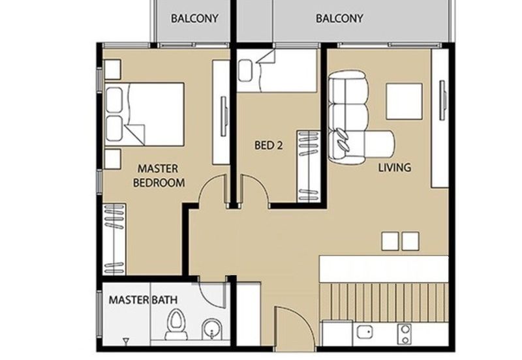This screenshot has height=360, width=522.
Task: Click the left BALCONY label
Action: pos(194,19)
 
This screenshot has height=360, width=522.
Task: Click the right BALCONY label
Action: pos(339,19)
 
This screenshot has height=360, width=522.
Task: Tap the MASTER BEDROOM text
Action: pos(158,176)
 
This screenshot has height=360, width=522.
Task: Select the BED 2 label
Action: pos(268,146)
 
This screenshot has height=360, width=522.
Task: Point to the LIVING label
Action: pos(395,168)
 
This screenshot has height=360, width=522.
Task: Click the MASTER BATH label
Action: pos(142,301)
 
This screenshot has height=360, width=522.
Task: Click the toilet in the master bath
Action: pos(176,325)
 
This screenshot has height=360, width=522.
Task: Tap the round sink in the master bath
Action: pos(211,327)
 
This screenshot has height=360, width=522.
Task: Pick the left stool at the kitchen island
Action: pos(390,241)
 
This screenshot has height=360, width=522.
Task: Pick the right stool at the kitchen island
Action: pos(410,241)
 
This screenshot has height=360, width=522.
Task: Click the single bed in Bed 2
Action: pos(277,71)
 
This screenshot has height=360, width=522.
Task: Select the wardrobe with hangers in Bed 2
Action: pos(307,166)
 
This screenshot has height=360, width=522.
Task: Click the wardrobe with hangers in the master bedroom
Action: pos(114,238)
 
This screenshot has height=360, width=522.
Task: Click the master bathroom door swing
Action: pos(213,293)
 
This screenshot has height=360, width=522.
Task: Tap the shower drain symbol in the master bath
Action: pos(125,340)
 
